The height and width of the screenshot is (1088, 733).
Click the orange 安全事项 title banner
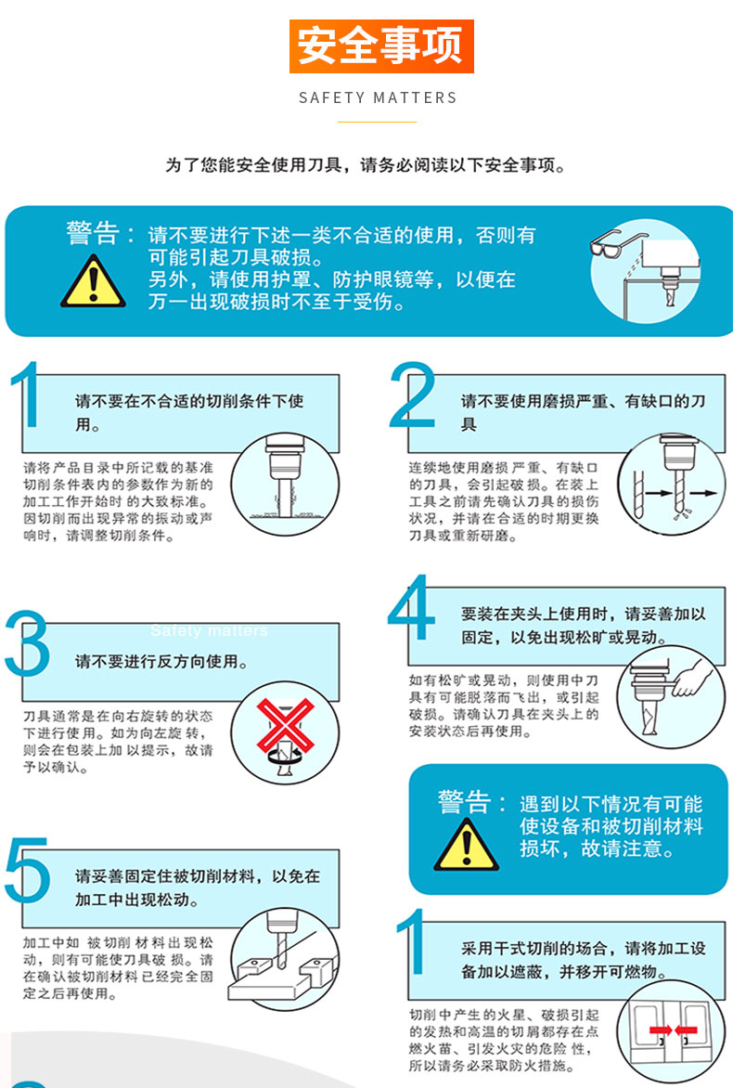(381, 45)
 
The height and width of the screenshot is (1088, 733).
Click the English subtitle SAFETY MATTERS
(378, 97)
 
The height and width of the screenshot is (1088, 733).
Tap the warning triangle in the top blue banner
(93, 281)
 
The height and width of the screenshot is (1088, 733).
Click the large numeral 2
(413, 395)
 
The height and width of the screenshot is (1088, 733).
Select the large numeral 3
(28, 644)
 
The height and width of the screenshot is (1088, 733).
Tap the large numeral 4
(410, 608)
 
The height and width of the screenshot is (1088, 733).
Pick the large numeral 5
(28, 870)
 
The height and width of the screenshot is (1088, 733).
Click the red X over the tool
(285, 726)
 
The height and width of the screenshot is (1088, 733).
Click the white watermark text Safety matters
(209, 630)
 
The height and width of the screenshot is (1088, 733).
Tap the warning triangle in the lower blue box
(466, 845)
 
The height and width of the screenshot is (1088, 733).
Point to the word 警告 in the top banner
(93, 233)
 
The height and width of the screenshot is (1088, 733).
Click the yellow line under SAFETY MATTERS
(378, 123)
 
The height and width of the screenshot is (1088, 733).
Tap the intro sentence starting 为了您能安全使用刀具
(366, 165)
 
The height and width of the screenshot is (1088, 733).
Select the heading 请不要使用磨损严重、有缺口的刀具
(584, 412)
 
